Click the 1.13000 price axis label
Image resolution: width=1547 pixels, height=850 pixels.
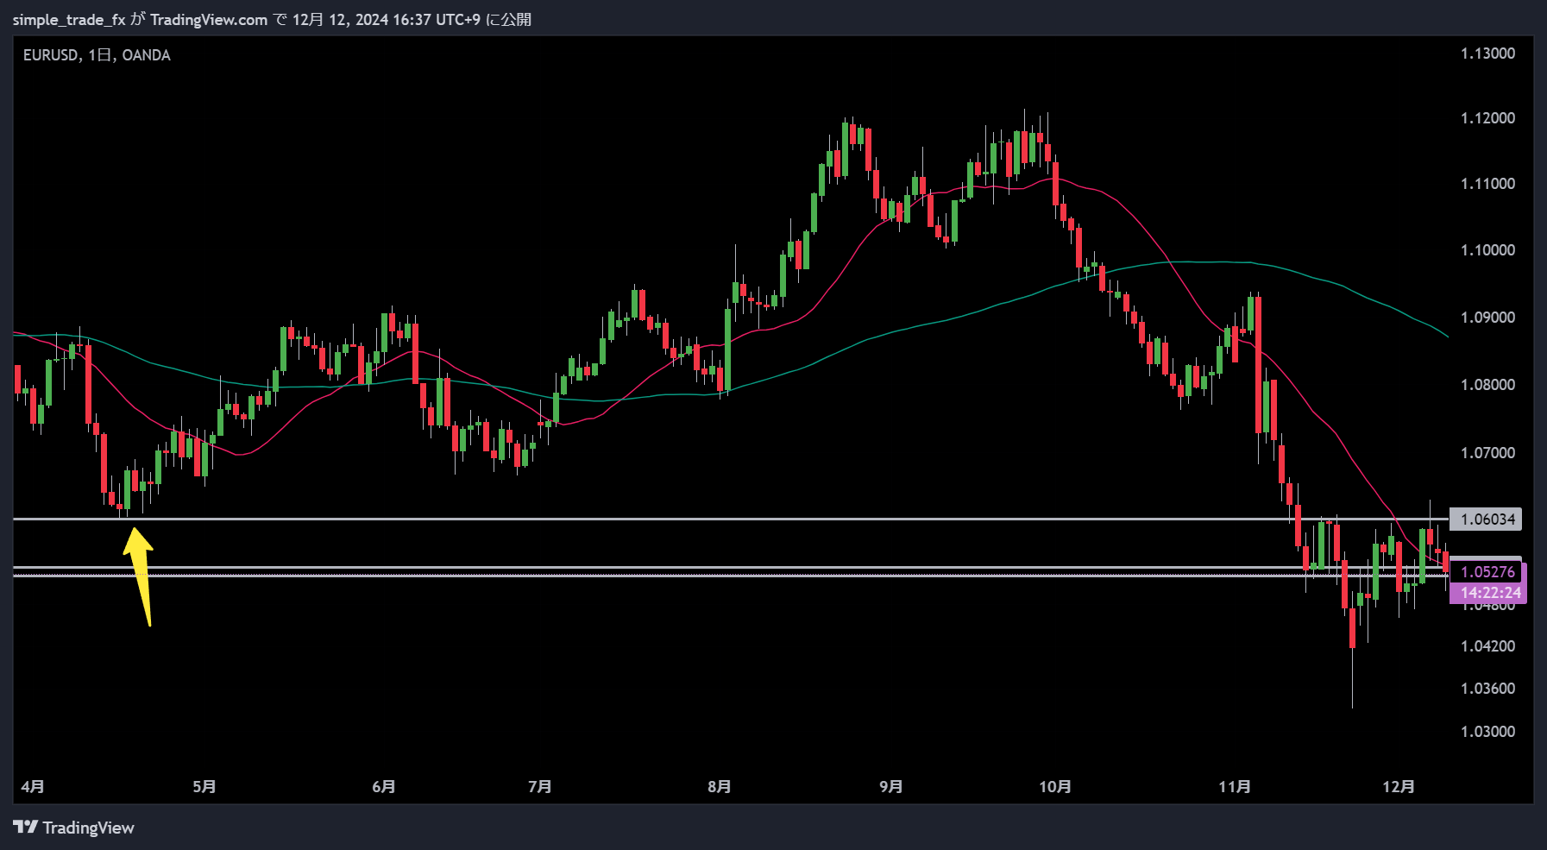[x=1487, y=54]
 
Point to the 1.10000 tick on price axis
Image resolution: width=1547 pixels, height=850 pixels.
[x=1487, y=250]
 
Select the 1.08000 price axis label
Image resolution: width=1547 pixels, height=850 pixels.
[x=1487, y=385]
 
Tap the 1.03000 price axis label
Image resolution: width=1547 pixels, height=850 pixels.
[x=1487, y=732]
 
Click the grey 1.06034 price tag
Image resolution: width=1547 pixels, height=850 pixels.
[x=1487, y=519]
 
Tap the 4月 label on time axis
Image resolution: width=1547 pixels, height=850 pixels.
[x=33, y=787]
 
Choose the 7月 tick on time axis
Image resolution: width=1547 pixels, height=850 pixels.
[x=540, y=787]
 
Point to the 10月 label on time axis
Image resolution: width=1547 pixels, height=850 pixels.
[x=1054, y=787]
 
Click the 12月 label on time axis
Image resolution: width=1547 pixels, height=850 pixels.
[x=1398, y=787]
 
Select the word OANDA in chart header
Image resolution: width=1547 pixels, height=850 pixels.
[x=147, y=55]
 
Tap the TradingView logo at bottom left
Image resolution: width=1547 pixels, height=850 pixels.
[x=74, y=828]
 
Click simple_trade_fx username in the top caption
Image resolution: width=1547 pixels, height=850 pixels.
[x=69, y=20]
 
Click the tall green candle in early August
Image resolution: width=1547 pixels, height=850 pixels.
[x=727, y=349]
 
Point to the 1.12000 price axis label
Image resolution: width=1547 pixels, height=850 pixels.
[x=1487, y=118]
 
